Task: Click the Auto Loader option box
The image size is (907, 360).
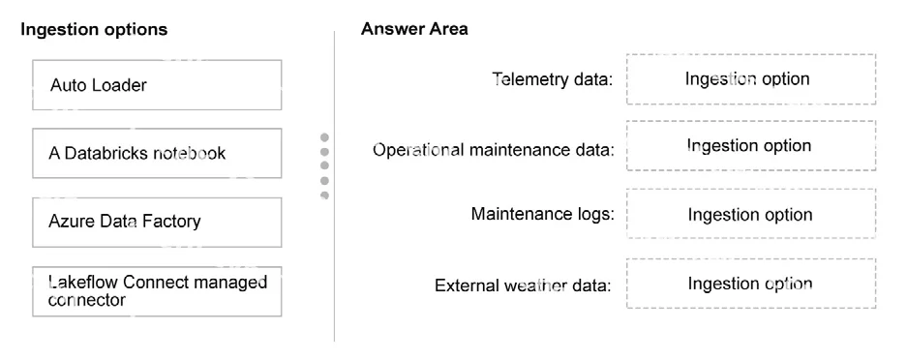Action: [x=157, y=84]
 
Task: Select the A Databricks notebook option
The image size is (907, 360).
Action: [x=157, y=153]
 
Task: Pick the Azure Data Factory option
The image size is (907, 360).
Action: [x=157, y=222]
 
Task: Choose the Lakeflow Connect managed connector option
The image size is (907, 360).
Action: [x=157, y=291]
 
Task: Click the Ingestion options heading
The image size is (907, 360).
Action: [x=94, y=29]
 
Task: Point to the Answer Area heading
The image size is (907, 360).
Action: [x=414, y=29]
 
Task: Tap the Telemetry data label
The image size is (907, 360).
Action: [x=553, y=78]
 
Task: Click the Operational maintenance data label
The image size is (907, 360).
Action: [x=494, y=150]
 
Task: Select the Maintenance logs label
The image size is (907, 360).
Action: [x=543, y=214]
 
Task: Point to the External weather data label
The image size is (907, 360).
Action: [x=523, y=285]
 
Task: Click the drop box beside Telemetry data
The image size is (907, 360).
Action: [x=751, y=79]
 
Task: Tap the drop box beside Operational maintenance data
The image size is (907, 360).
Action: [x=751, y=145]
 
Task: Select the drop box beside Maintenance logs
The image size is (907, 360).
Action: [x=751, y=213]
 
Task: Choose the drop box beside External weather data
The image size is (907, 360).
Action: [x=751, y=284]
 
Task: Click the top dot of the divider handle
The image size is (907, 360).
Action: [x=324, y=137]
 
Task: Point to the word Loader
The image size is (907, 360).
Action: [x=120, y=85]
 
